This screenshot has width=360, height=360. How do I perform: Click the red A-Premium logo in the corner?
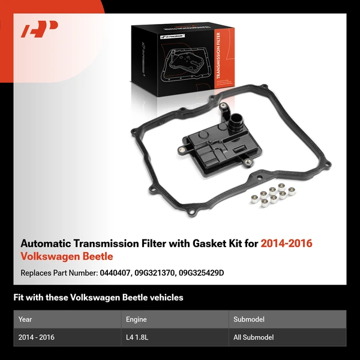[40, 29]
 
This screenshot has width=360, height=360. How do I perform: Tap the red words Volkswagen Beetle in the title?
[67, 257]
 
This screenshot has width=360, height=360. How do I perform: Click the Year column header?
[25, 319]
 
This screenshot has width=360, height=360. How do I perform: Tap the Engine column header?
[136, 319]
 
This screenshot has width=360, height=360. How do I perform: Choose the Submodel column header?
[249, 319]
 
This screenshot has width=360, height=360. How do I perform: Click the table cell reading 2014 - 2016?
[37, 337]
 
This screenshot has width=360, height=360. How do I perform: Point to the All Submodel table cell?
[253, 337]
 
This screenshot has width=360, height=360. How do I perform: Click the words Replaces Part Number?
[58, 272]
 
